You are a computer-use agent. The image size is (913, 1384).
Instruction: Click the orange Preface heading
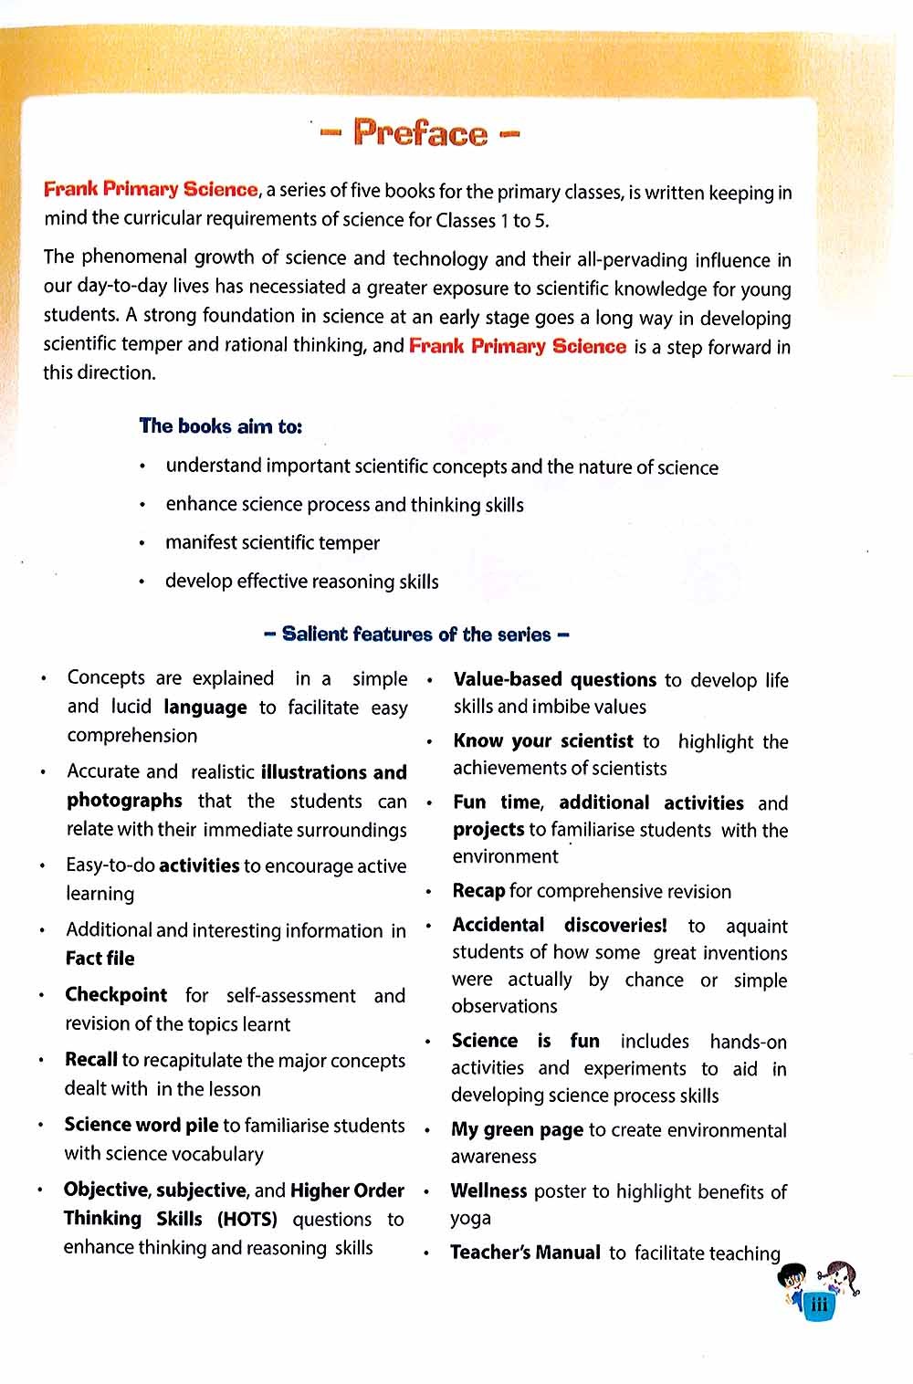(421, 133)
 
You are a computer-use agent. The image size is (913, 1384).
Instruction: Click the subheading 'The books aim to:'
(220, 426)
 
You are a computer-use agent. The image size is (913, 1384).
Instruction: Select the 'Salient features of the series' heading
(416, 634)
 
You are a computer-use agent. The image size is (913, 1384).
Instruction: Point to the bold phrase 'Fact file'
(100, 959)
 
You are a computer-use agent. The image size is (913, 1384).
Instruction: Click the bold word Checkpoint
(116, 995)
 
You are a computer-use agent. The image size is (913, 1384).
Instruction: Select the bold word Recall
(91, 1060)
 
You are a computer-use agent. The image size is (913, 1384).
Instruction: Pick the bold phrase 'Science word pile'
(141, 1125)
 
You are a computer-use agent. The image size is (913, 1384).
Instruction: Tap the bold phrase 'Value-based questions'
(554, 680)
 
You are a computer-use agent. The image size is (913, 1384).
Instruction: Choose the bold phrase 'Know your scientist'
(542, 741)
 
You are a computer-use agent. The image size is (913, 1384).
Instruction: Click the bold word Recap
(478, 891)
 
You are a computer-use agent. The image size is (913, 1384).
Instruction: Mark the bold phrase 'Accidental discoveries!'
(559, 925)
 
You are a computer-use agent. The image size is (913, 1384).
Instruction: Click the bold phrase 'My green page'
(517, 1130)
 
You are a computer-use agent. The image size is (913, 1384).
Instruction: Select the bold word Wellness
(488, 1191)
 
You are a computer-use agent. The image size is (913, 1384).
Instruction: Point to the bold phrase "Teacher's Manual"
(525, 1253)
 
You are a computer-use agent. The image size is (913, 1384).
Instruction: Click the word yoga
(470, 1219)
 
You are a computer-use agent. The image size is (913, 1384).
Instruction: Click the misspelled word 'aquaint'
(756, 927)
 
